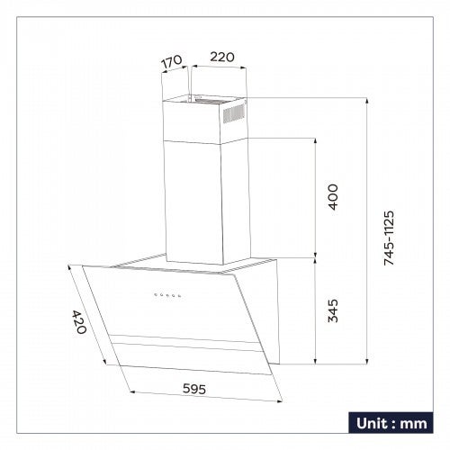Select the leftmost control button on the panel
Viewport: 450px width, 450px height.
click(154, 295)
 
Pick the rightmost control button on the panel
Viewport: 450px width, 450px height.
click(179, 295)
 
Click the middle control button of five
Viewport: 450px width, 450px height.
click(166, 295)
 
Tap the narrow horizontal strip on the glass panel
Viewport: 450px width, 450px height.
click(188, 344)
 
